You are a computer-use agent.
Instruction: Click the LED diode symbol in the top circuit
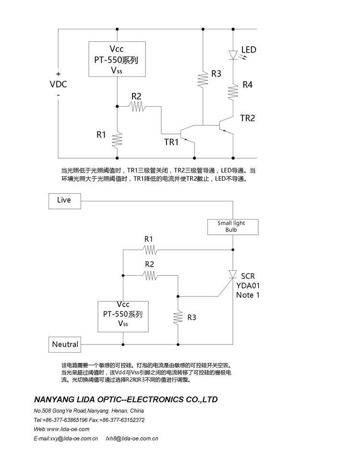(233, 55)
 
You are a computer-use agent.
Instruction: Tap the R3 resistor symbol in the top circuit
(203, 77)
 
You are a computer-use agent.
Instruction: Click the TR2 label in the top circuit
(247, 118)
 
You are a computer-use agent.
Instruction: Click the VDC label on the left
(59, 85)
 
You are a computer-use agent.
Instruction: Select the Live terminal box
(65, 200)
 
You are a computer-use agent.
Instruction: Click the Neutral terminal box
(65, 344)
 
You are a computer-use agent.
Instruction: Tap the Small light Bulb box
(232, 227)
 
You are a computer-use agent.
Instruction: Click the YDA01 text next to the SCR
(248, 285)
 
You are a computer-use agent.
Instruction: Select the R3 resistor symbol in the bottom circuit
(178, 318)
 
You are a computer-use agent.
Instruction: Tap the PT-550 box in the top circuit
(117, 59)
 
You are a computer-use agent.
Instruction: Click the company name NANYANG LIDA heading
(126, 399)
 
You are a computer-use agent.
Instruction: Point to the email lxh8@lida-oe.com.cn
(132, 438)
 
